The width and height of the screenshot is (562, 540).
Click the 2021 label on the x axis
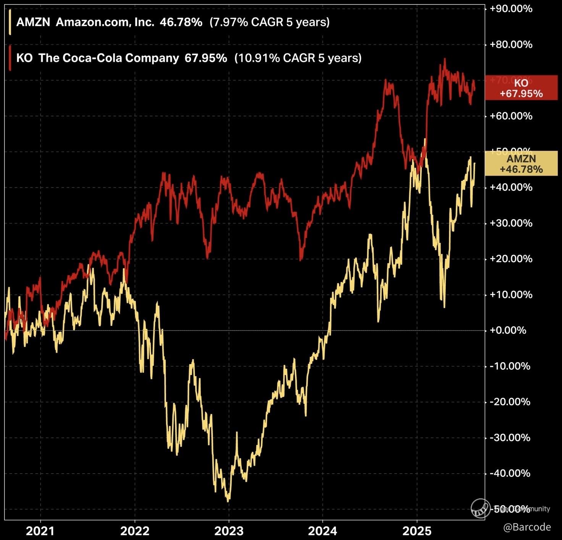[x=40, y=531]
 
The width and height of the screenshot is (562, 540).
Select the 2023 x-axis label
[x=229, y=531]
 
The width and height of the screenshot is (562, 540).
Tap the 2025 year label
[x=417, y=531]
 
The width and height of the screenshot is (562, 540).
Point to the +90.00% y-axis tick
[x=511, y=9]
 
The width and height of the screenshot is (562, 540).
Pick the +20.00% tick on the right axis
[x=511, y=259]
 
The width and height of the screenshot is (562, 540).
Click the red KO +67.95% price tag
[x=521, y=88]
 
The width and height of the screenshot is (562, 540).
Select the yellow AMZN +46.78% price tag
[x=521, y=164]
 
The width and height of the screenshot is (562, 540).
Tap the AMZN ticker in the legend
[x=33, y=22]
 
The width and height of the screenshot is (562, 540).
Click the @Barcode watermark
[x=527, y=527]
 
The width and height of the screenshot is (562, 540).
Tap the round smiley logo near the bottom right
[x=480, y=509]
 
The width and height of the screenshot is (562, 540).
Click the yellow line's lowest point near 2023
[x=228, y=501]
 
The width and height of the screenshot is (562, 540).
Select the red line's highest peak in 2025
[x=444, y=60]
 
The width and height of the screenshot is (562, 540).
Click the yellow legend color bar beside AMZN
[x=10, y=22]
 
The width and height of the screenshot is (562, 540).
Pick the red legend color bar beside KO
[x=10, y=58]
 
